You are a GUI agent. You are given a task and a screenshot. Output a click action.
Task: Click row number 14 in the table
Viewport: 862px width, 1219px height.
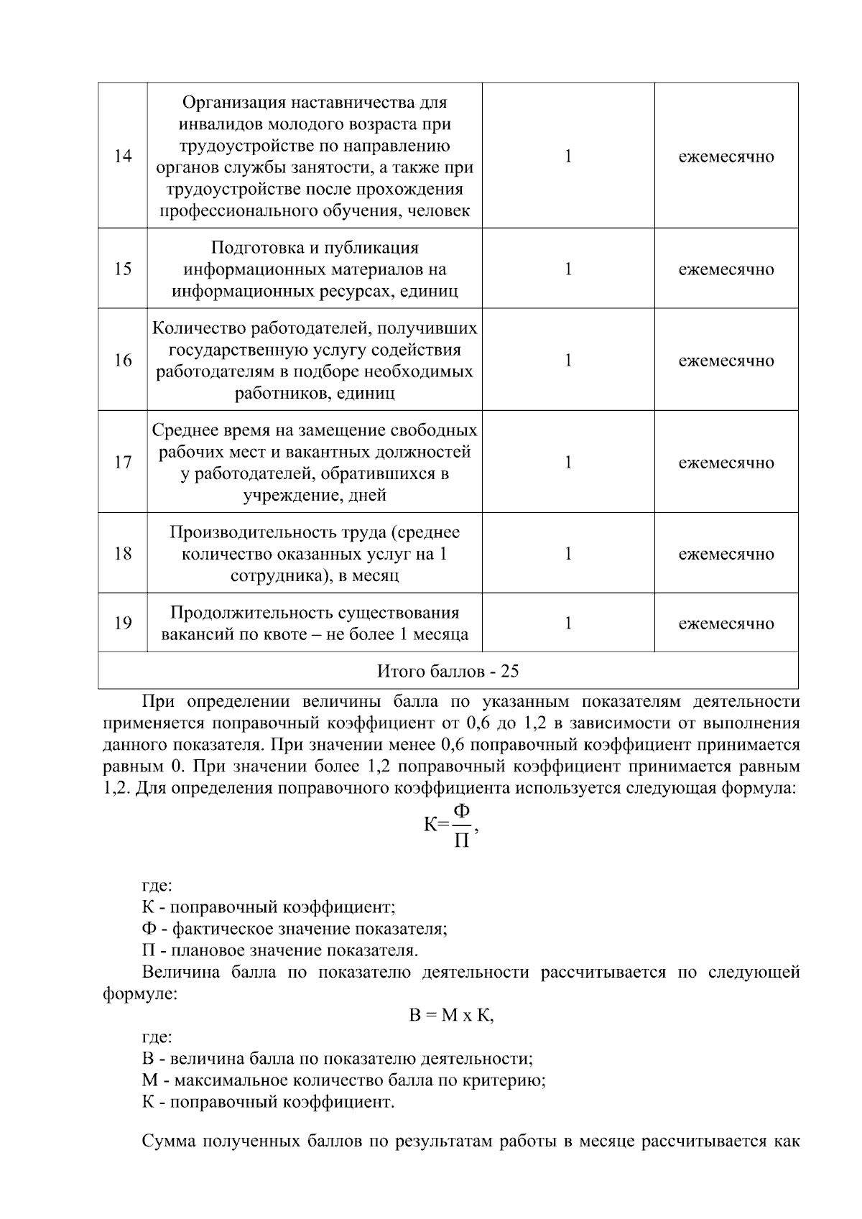coord(123,156)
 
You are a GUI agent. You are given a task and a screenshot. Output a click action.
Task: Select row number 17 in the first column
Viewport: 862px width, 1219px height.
coord(123,462)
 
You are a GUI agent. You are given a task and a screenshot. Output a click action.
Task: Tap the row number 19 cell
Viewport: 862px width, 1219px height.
coord(123,623)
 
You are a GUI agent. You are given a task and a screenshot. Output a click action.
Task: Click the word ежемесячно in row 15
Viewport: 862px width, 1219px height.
coord(726,269)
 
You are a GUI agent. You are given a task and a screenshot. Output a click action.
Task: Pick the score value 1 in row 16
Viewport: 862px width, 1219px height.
coord(568,360)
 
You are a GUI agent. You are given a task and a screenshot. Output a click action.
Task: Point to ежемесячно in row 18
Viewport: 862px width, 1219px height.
coord(726,554)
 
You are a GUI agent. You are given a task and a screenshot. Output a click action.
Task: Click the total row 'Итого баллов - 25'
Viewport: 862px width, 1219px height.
coord(448,671)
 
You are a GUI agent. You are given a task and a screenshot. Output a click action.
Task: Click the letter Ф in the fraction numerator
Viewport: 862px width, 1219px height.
coord(462,812)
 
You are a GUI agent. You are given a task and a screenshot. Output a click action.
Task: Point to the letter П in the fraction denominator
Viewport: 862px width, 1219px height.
coord(462,840)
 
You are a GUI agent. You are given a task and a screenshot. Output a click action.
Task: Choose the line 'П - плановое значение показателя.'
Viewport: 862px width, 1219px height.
coord(280,950)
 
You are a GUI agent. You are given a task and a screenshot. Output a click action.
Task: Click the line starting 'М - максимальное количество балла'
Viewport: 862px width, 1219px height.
coord(343,1080)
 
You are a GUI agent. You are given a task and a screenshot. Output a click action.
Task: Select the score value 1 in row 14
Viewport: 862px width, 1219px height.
coord(568,156)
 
